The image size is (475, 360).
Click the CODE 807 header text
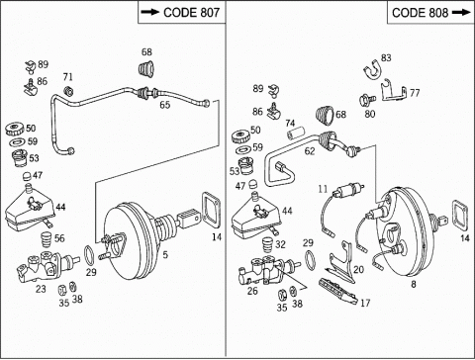(x=191, y=13)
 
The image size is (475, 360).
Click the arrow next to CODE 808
(x=461, y=13)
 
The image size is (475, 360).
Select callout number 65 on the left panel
(x=165, y=105)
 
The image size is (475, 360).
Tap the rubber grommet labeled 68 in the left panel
(x=145, y=69)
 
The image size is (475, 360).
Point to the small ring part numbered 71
(x=68, y=91)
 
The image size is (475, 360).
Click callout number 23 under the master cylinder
(x=41, y=289)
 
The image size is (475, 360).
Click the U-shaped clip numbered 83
(x=372, y=70)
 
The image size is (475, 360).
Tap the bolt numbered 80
(x=366, y=99)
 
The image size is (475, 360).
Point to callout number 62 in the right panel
(x=310, y=151)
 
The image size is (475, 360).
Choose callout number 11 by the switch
(x=323, y=189)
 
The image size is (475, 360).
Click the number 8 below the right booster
(x=414, y=284)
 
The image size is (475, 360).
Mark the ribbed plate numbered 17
(x=337, y=292)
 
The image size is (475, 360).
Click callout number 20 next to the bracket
(x=358, y=270)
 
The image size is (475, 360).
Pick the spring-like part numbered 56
(x=47, y=239)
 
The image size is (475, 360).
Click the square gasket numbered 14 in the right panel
(x=459, y=215)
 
